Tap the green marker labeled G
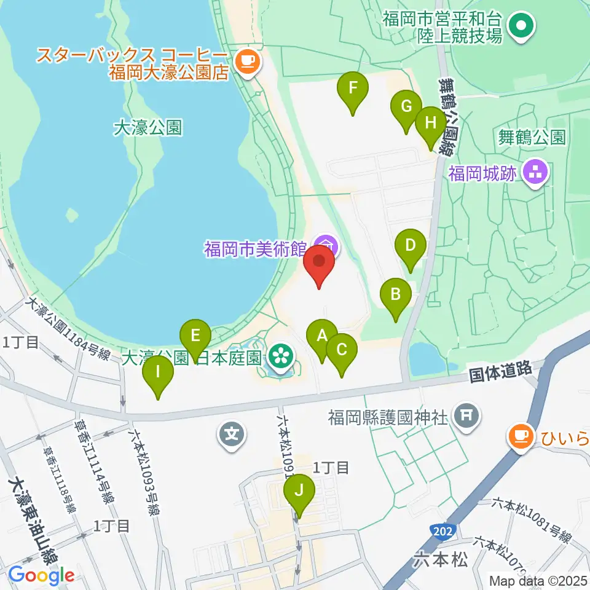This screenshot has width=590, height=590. coord(406,108)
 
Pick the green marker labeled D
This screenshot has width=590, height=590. coord(411,247)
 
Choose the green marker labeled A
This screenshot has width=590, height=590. coord(321,337)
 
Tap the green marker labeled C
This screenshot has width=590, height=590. coord(342,350)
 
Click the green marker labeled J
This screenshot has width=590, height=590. coord(299,492)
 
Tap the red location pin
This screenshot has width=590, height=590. coord(319,263)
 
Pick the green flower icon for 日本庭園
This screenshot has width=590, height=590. coord(281,355)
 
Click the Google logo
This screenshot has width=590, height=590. coord(42,575)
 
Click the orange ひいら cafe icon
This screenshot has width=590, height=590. coord(521,437)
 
